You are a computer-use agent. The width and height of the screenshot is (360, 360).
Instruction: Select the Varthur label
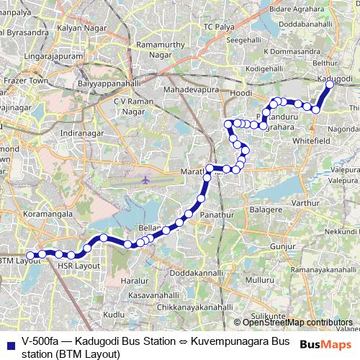tap(305, 204)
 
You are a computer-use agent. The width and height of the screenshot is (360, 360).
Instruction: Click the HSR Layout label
tap(77, 266)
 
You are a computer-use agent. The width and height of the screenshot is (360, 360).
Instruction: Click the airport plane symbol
tap(146, 179)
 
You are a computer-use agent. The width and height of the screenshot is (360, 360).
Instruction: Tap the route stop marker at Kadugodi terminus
tap(330, 85)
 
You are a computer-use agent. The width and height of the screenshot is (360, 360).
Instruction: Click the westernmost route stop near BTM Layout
tap(31, 255)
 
